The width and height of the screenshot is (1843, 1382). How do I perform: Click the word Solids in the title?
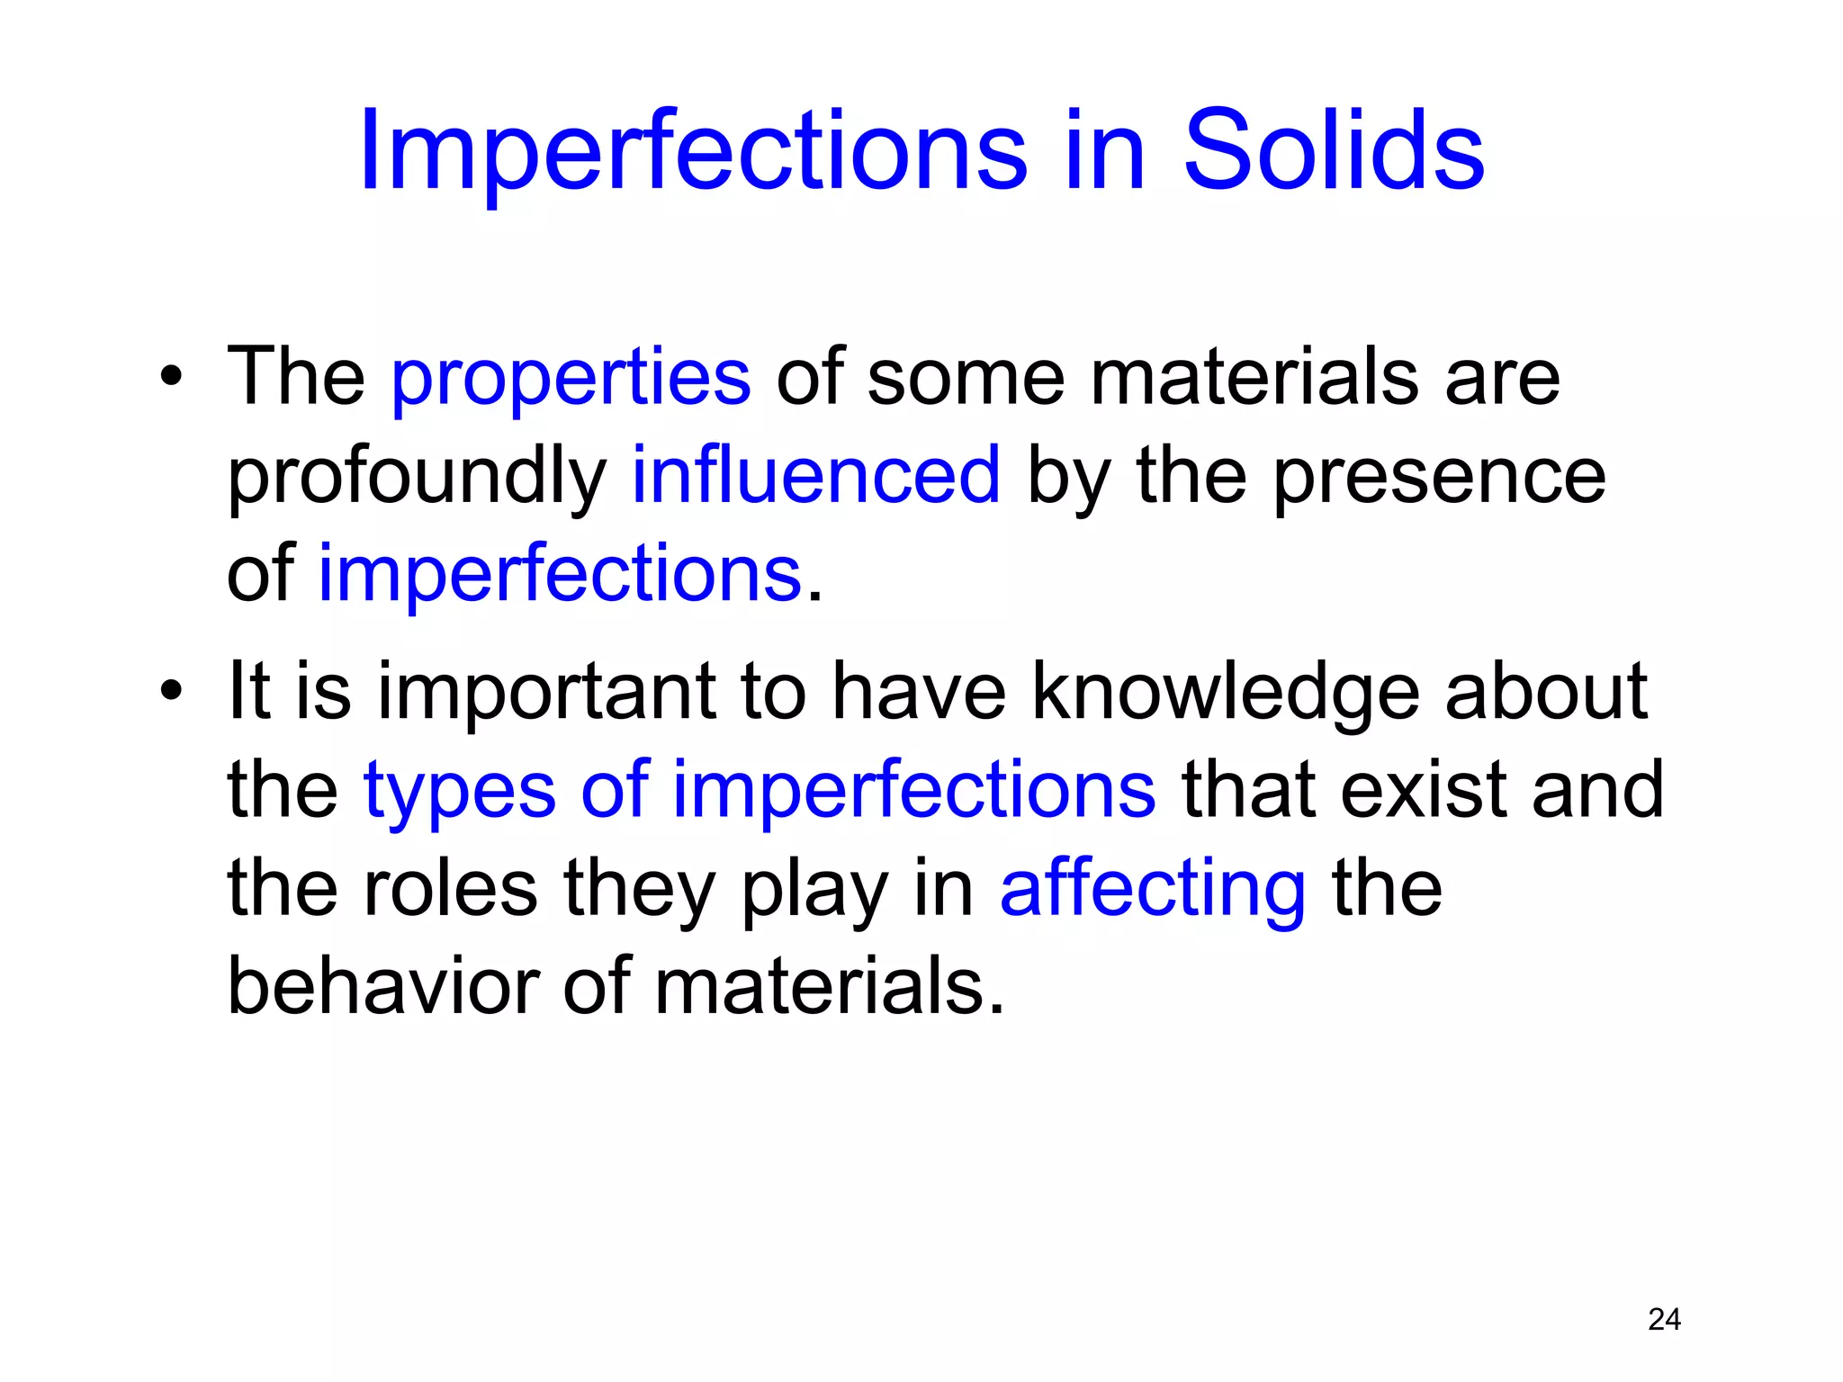(1333, 151)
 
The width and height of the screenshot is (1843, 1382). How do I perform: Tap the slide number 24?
(1664, 1319)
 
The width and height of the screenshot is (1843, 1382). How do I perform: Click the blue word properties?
(571, 378)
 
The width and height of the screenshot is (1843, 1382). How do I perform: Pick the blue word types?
(459, 792)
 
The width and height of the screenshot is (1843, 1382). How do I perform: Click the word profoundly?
(417, 477)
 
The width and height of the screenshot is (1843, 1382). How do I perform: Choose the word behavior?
(382, 986)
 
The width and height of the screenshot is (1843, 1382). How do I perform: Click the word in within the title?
(1104, 151)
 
